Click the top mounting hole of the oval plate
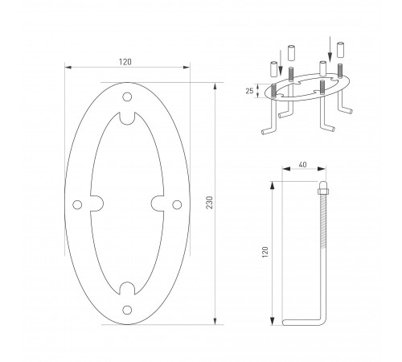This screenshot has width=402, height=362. click(127, 97)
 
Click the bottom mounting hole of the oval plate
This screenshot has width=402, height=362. click(127, 310)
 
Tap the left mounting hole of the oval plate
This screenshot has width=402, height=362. click(77, 205)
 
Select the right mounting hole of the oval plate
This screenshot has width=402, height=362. click(177, 205)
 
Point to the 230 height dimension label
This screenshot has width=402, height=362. click(211, 203)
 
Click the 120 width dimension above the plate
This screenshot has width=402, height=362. click(125, 62)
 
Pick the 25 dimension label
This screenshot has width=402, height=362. click(249, 91)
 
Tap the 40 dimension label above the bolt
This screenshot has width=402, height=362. click(302, 164)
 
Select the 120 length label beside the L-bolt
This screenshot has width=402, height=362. click(265, 253)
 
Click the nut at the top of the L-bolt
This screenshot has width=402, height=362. click(323, 191)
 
